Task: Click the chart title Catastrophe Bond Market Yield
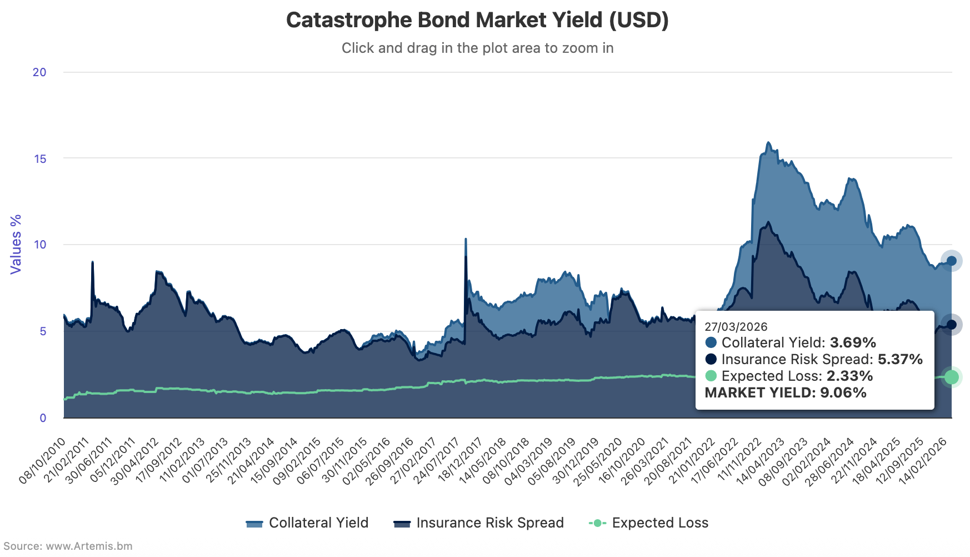click(477, 21)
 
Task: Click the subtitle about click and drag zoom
click(477, 48)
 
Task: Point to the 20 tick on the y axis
click(39, 72)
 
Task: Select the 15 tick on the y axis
click(40, 159)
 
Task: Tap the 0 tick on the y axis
click(43, 418)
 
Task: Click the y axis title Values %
click(16, 244)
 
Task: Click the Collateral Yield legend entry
click(307, 523)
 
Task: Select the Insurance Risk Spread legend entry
click(478, 523)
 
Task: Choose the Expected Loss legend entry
click(648, 523)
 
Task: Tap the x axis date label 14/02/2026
click(923, 461)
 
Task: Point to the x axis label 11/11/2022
click(739, 461)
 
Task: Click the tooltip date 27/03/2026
click(736, 327)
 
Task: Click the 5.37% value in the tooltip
click(900, 360)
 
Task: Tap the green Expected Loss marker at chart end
click(951, 377)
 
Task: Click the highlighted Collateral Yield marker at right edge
click(951, 261)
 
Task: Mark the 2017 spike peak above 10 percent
click(466, 240)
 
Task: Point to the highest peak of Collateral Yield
click(768, 143)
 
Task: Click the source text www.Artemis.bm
click(89, 546)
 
